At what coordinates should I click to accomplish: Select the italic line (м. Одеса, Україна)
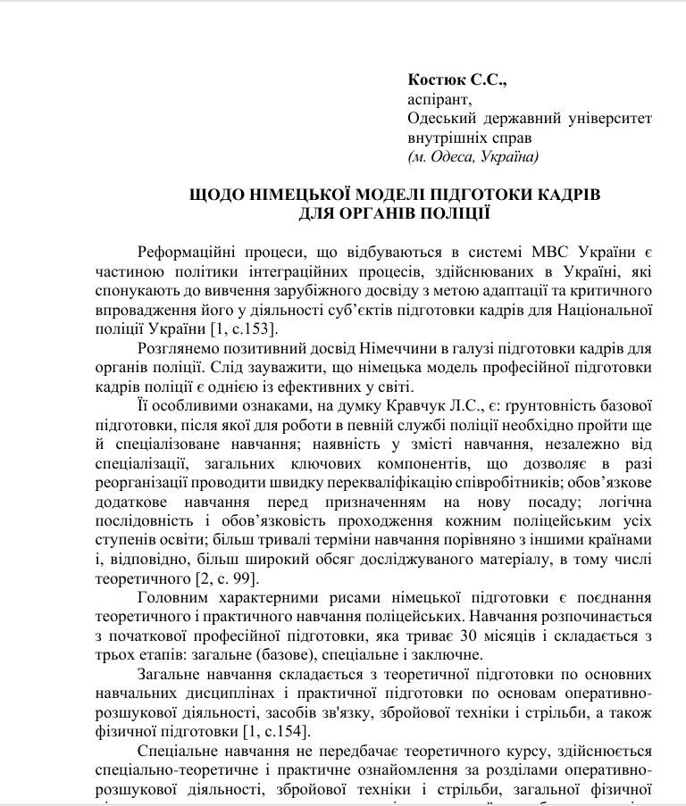coord(473,157)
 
